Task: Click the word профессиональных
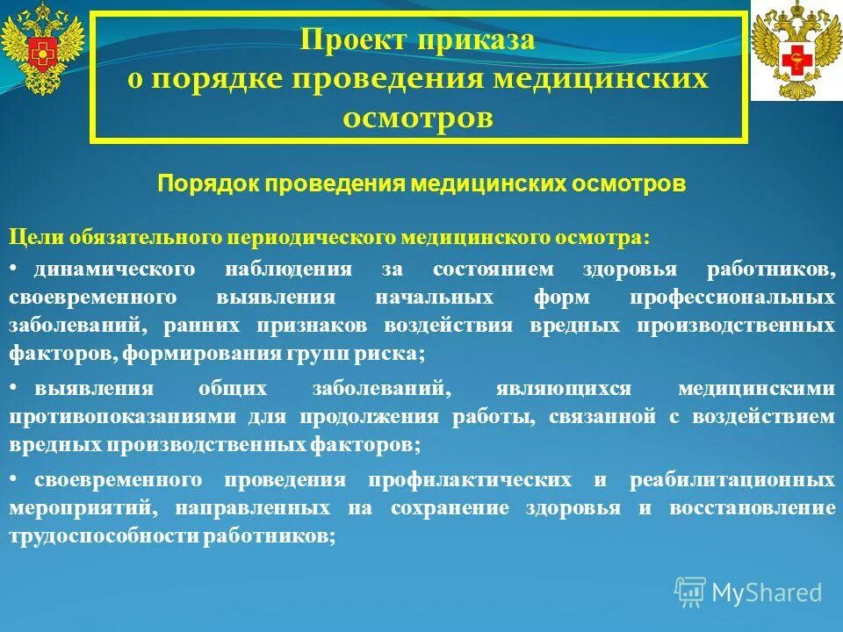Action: tap(732, 297)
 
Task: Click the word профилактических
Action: tap(469, 480)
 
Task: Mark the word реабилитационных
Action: tap(732, 480)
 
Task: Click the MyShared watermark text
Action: tap(767, 592)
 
